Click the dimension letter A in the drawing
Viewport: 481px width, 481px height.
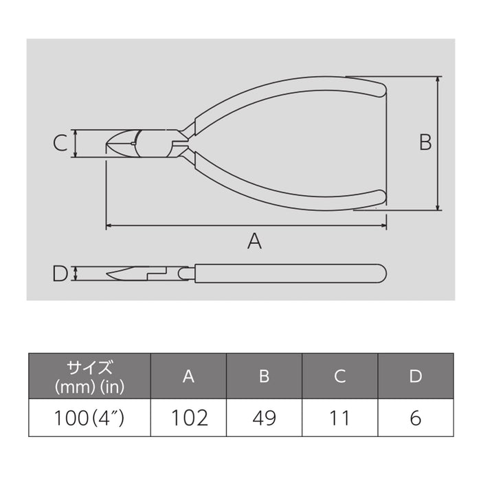255,241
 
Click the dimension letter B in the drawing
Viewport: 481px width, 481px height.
425,142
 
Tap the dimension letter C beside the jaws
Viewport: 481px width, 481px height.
60,143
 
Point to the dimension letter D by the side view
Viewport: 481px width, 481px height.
60,273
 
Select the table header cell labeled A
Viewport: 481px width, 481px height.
188,376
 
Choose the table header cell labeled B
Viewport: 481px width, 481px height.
264,376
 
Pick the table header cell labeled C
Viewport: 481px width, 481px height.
339,376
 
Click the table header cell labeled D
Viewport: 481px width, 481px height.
415,376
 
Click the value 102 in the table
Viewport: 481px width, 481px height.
188,417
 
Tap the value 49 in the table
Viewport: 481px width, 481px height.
264,417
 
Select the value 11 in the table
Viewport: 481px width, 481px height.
339,417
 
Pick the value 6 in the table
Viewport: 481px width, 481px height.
415,417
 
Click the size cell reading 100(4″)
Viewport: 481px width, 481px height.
89,417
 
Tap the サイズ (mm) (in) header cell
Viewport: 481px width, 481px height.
89,376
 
